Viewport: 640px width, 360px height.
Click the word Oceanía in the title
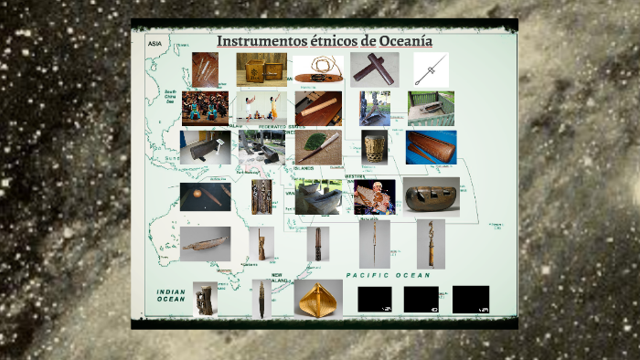point(394,42)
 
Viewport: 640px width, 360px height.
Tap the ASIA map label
point(155,42)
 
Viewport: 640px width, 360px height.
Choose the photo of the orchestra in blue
point(205,108)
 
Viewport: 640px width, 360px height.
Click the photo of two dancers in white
point(261,107)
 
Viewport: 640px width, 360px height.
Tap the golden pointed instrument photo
point(318,298)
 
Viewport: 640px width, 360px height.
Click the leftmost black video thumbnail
point(374,299)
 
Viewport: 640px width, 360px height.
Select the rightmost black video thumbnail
point(470,299)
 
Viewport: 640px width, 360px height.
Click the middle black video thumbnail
point(421,299)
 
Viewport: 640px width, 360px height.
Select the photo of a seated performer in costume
point(375,196)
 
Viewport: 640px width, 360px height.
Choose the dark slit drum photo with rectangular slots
point(430,196)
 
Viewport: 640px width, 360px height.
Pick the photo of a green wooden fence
point(431,108)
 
